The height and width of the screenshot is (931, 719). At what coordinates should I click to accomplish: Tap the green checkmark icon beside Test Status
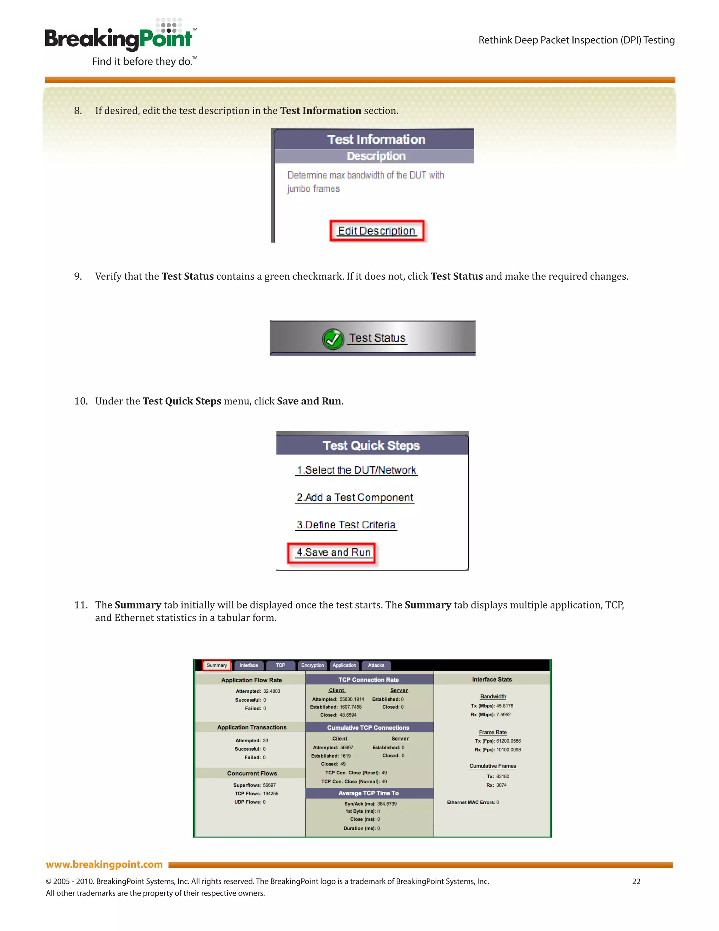(333, 339)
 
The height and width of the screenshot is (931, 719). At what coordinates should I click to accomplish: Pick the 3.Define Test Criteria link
(346, 525)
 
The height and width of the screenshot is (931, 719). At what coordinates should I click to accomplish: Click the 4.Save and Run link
(333, 553)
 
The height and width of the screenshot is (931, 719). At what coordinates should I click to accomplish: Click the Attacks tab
(376, 665)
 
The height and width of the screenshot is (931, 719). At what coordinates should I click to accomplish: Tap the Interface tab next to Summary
(249, 665)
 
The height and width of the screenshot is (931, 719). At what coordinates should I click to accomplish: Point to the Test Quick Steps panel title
(371, 445)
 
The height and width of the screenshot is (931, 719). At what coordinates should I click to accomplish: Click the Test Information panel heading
(376, 139)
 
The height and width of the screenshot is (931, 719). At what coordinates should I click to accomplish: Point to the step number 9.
(78, 276)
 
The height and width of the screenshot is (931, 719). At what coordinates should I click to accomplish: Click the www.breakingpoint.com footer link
(104, 864)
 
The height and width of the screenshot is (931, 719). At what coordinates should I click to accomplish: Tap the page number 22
(636, 881)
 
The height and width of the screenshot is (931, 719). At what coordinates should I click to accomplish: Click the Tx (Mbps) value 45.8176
(504, 706)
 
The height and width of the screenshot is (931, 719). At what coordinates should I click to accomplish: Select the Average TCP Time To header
(368, 793)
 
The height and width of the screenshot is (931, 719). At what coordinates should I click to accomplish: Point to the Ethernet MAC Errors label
(471, 802)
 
